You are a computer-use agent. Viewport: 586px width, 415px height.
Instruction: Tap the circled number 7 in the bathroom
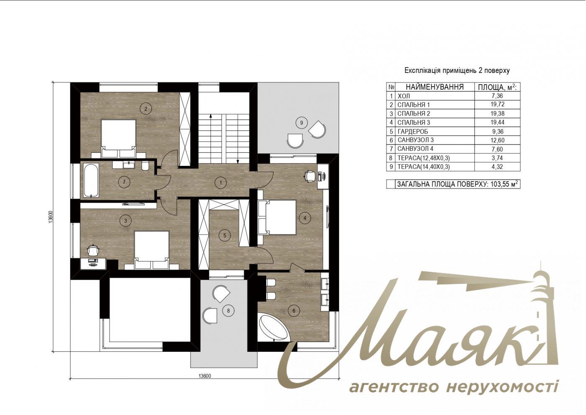123,182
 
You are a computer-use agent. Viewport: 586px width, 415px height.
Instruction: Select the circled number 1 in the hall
221,182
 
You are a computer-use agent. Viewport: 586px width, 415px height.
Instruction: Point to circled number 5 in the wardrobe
224,235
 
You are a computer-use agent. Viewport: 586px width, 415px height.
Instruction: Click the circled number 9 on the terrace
301,123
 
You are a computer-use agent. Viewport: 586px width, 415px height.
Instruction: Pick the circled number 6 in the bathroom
294,310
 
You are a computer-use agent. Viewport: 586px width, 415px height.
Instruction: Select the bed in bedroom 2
118,134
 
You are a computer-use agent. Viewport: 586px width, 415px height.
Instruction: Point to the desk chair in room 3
93,250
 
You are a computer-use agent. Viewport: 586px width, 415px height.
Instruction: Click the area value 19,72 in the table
497,105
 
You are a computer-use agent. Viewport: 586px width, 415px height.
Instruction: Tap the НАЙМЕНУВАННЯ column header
434,87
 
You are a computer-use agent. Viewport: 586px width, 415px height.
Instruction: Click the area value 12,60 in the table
497,140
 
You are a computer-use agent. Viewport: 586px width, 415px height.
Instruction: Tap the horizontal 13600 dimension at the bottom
204,376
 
